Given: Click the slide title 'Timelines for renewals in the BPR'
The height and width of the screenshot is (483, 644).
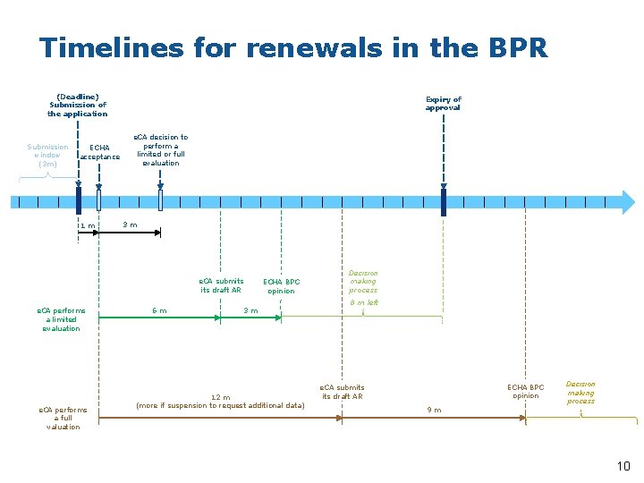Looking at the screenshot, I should (x=293, y=47).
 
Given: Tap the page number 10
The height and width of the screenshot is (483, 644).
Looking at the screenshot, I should (x=623, y=465).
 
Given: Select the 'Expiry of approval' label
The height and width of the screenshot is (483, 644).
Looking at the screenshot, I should (x=443, y=104).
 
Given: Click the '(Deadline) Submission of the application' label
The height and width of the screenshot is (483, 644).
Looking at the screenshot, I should (x=77, y=105).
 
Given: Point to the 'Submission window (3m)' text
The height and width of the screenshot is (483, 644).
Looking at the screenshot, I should (x=47, y=155).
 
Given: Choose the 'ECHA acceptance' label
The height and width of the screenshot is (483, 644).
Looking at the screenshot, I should (x=100, y=152).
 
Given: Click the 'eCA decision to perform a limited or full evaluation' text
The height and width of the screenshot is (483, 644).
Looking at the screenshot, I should (x=161, y=150).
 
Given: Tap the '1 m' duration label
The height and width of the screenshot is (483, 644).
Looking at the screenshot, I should (x=87, y=225).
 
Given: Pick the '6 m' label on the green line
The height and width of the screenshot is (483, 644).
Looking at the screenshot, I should (x=159, y=310).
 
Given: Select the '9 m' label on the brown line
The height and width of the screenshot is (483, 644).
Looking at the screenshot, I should (x=433, y=410).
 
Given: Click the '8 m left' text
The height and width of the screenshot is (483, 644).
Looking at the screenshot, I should (x=363, y=302).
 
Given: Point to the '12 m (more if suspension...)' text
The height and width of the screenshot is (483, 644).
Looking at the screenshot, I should (x=220, y=402).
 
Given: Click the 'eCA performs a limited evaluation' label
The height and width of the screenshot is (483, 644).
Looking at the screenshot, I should (x=61, y=319).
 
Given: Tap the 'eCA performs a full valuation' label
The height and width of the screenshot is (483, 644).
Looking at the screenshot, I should (x=62, y=418).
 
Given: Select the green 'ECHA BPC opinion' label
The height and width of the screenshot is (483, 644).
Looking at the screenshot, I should (x=281, y=286).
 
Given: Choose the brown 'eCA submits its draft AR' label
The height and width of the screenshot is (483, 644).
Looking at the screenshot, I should (x=343, y=392).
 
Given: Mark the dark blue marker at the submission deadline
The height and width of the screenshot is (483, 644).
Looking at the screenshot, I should (x=79, y=200).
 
